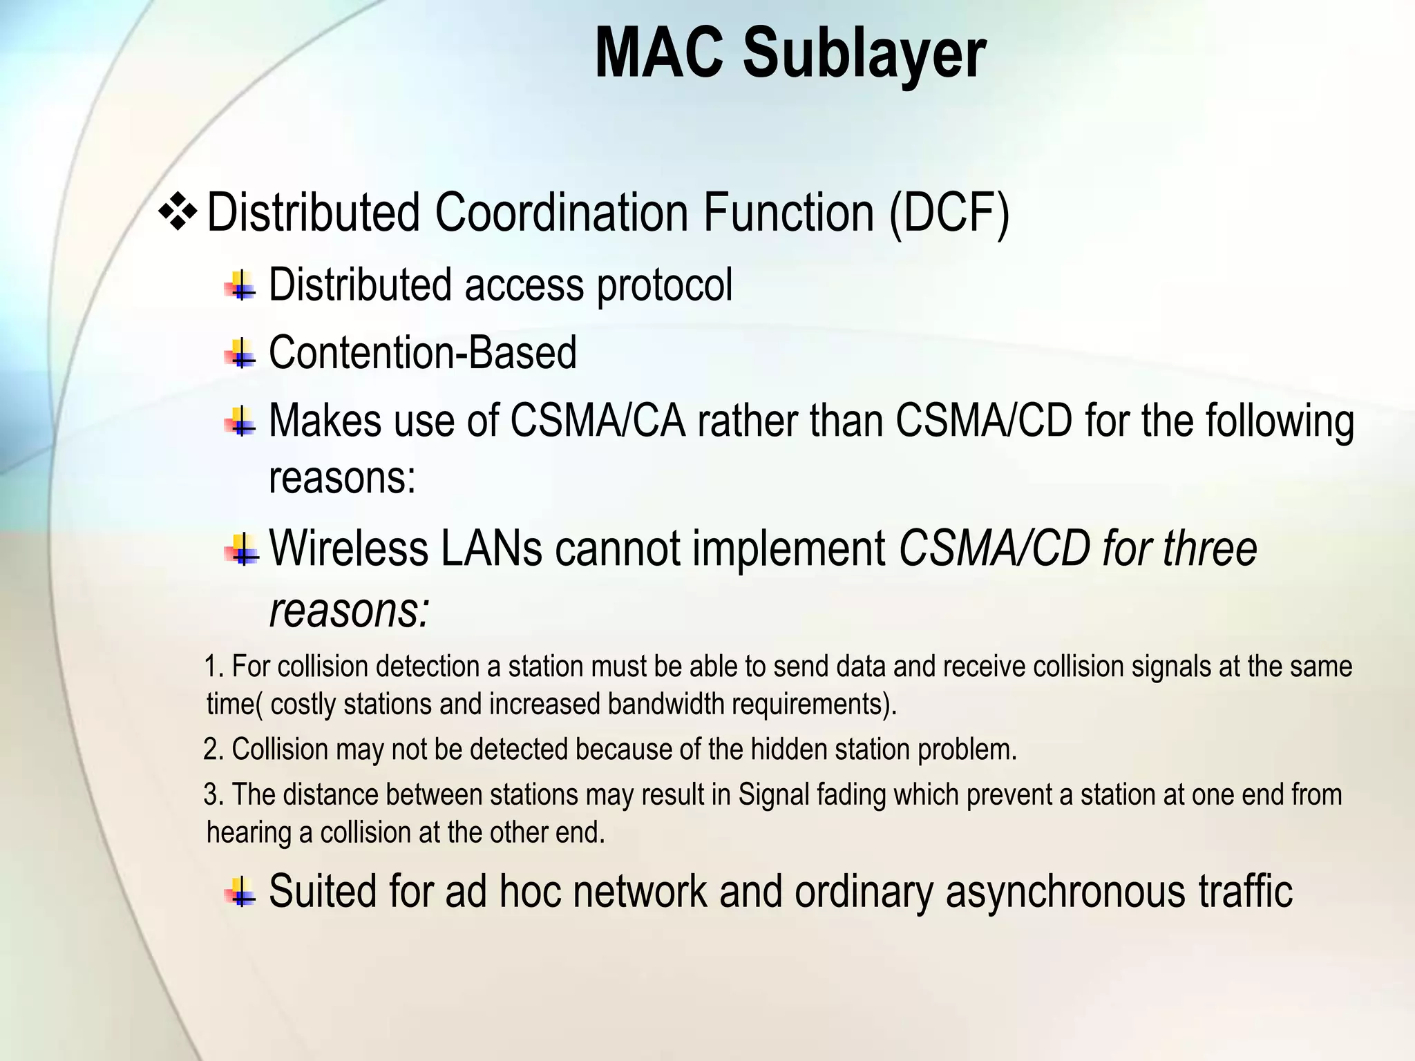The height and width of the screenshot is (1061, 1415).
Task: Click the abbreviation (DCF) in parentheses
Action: [949, 213]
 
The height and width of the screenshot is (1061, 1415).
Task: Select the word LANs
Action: [491, 548]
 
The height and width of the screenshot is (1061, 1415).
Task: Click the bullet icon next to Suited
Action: [240, 891]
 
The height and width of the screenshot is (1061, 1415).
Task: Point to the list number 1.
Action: [211, 667]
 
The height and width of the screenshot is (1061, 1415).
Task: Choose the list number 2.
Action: [211, 749]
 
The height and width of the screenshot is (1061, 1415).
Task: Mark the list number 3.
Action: [211, 795]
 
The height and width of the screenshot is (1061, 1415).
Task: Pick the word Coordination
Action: [561, 213]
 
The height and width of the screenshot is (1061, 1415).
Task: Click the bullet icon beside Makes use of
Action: [240, 421]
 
